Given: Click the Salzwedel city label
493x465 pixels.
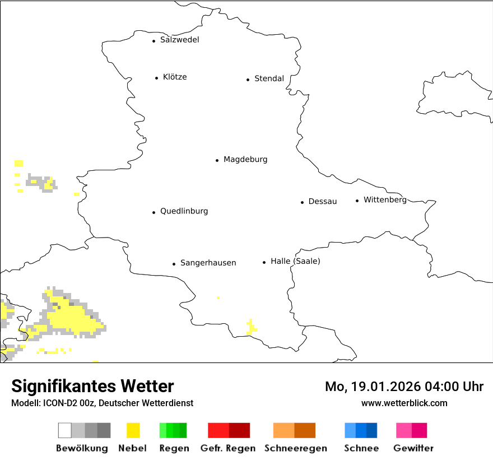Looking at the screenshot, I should tap(179, 40).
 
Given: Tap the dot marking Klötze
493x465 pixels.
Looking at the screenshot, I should tap(156, 78).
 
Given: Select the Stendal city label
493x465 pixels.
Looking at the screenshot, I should tap(269, 79).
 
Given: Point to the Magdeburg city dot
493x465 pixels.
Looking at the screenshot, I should tap(217, 160).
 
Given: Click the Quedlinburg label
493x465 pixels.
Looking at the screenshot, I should tap(184, 211).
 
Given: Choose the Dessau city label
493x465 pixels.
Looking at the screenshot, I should tap(322, 202).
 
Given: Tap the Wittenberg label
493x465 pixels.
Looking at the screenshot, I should tap(385, 200).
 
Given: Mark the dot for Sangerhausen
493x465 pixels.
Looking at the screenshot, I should tap(174, 264).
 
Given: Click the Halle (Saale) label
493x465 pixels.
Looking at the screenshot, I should tap(295, 262).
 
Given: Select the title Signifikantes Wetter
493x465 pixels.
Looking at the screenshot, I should tap(92, 386).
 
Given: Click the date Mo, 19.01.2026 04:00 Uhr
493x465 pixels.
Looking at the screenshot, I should tap(404, 387).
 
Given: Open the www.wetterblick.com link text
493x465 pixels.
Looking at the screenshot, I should tap(404, 403).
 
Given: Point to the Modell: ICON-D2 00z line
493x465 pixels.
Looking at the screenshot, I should tap(102, 403).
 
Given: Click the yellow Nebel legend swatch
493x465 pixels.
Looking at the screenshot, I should tap(133, 430).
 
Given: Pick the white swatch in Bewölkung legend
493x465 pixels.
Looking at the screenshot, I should tap(65, 430).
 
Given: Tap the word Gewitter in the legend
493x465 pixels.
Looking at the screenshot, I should tap(413, 448).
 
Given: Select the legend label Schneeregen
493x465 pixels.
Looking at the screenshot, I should tap(295, 448).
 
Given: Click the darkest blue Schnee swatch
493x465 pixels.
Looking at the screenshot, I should tap(372, 430).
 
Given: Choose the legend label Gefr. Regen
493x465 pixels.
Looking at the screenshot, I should tap(227, 448).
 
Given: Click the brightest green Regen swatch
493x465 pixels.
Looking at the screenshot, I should tap(163, 430).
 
